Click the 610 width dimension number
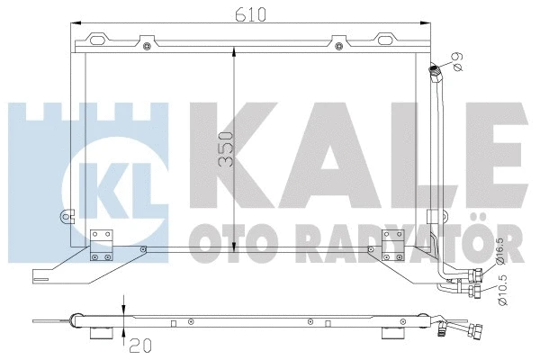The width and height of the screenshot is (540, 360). tap(237, 13)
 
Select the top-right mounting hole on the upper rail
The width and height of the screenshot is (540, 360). tap(337, 40)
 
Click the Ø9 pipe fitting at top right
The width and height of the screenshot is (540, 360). tap(436, 70)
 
